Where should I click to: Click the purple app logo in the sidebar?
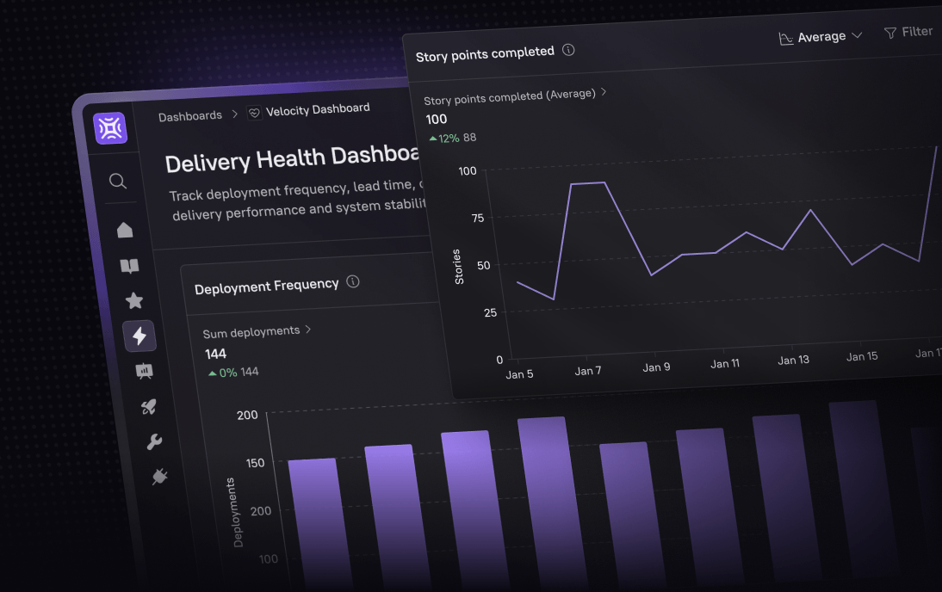110,128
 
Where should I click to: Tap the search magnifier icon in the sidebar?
118,181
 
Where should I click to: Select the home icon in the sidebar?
125,230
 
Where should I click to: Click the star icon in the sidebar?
134,300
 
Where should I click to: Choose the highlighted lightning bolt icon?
139,336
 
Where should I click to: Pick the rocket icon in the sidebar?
149,407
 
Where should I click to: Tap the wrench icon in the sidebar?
154,442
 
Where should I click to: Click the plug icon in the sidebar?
159,476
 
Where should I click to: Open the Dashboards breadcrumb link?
189,115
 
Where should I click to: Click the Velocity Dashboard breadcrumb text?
317,109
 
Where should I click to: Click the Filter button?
908,32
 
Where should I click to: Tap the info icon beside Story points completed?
568,50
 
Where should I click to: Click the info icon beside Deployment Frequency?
352,281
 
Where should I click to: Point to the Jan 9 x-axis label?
656,367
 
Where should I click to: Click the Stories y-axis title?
458,267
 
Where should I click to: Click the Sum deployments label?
251,331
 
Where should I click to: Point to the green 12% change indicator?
444,138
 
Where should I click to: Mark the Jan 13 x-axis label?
793,360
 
